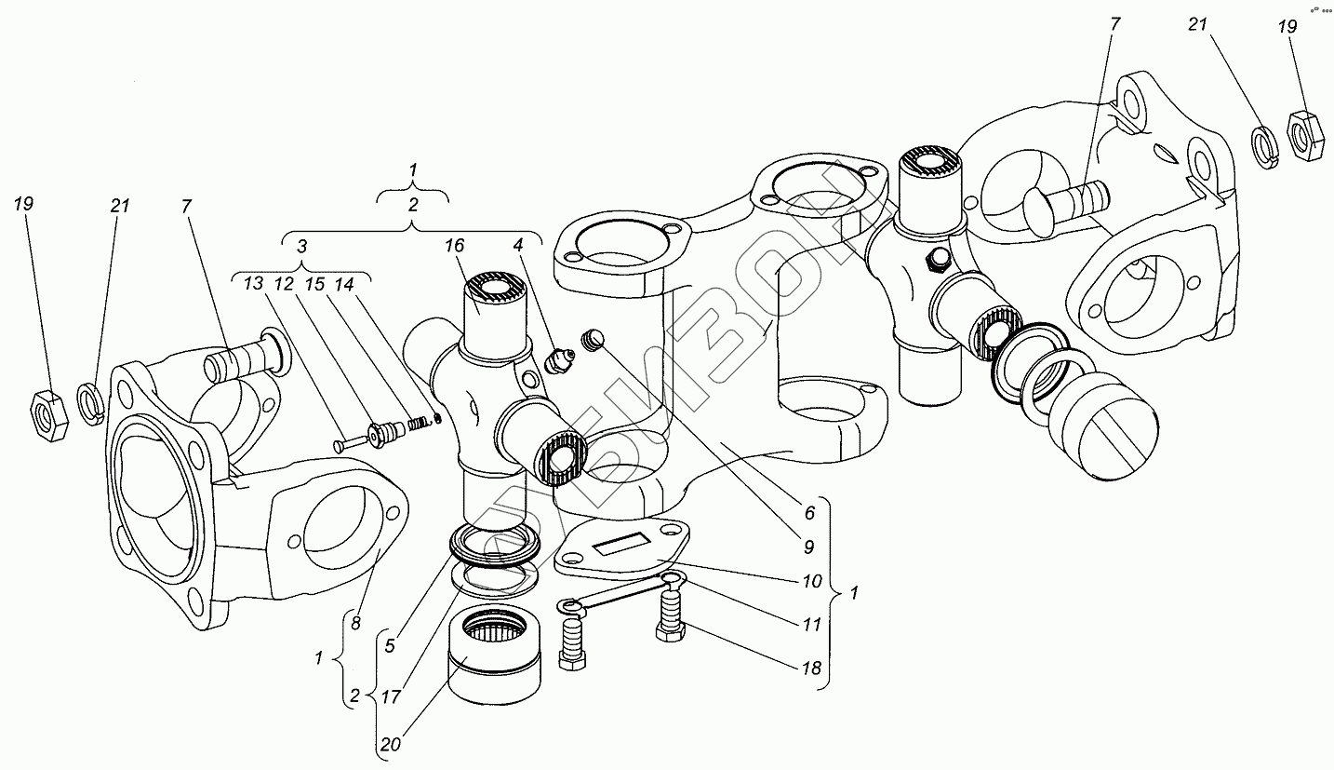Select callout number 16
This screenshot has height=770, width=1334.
click(x=454, y=246)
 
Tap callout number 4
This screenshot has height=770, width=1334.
click(x=516, y=246)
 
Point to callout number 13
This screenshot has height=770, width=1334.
click(x=254, y=284)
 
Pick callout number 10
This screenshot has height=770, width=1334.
click(x=811, y=582)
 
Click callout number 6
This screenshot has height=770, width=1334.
click(x=809, y=512)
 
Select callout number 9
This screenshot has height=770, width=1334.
click(x=809, y=547)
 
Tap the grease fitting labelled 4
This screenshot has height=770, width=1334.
click(x=559, y=361)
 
